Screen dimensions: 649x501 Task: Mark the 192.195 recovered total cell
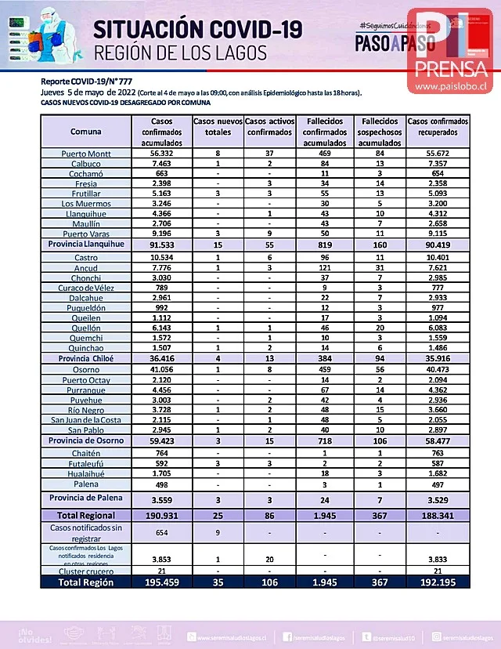(x=438, y=582)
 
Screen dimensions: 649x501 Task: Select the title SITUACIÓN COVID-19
(x=197, y=30)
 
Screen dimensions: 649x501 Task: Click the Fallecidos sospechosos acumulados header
(x=380, y=132)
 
